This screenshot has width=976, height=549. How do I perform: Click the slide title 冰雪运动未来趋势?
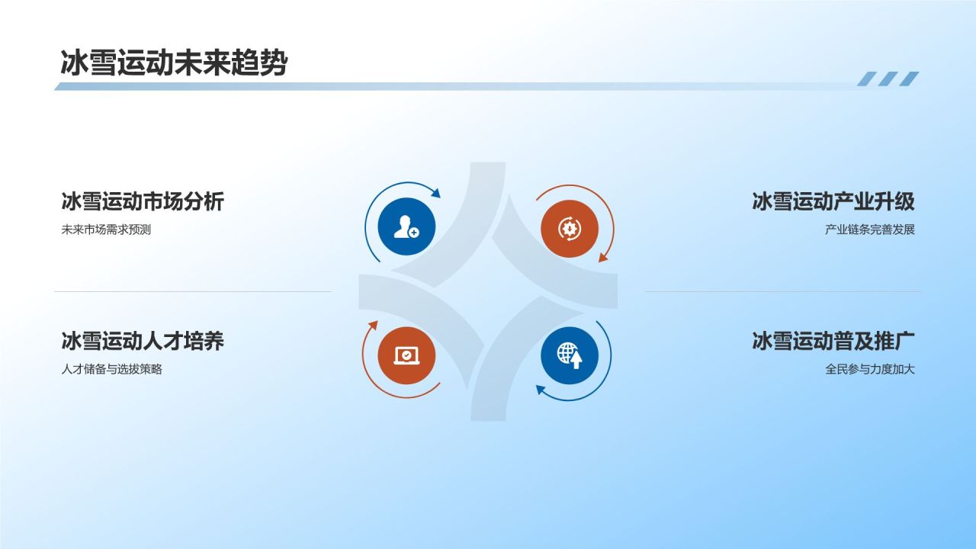[174, 63]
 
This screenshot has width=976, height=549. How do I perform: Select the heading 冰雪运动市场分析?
[143, 201]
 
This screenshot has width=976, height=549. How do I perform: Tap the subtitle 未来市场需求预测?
[106, 230]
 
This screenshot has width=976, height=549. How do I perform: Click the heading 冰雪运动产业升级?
[833, 201]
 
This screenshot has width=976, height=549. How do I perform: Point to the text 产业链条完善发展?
[869, 230]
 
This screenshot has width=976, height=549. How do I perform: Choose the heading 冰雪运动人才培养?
[143, 340]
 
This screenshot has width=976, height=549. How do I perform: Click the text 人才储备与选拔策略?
[111, 370]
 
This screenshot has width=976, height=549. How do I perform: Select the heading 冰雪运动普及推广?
[833, 340]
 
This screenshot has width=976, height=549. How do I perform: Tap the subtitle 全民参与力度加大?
[869, 370]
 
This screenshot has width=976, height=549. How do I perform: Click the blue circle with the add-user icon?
[406, 226]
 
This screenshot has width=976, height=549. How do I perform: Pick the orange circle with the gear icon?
[569, 228]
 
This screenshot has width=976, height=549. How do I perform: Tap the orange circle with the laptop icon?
[406, 355]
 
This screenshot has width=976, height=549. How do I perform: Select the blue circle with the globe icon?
[569, 355]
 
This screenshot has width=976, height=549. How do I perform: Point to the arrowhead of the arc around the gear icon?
[602, 258]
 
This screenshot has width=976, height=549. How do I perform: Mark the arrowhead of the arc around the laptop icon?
[373, 325]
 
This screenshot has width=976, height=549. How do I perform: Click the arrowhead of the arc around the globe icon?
[540, 390]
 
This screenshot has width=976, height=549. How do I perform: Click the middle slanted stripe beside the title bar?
[888, 79]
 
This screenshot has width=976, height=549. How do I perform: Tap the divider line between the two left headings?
[192, 291]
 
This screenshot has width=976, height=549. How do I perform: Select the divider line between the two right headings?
[782, 291]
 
